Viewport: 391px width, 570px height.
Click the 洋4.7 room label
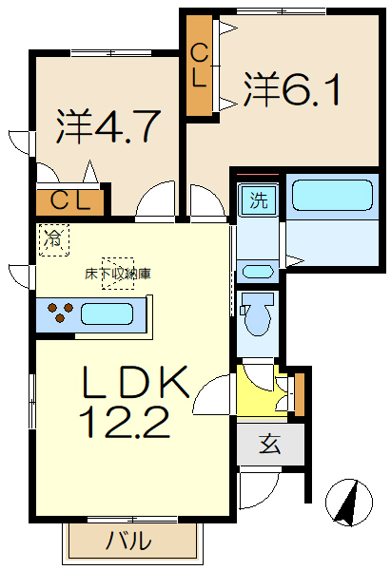106,127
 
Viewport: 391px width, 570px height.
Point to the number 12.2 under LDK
130,422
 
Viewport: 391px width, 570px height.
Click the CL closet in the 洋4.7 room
70,200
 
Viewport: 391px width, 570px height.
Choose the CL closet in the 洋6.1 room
200,66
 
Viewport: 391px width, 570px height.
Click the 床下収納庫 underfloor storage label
118,274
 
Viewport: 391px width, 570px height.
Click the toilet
257,314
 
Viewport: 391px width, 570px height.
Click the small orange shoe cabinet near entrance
299,389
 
